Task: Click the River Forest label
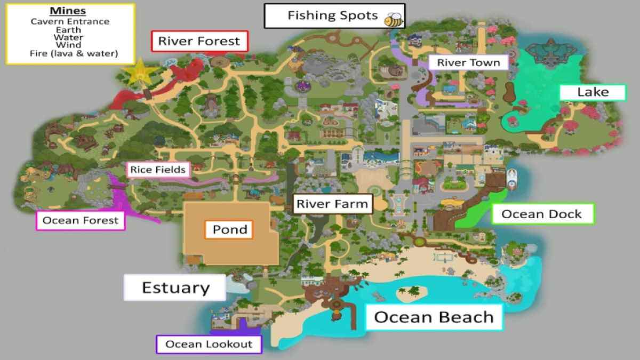coord(199,41)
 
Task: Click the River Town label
coord(468,62)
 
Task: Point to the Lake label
coord(593,92)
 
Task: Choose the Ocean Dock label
coord(541,214)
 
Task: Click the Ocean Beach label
coord(434,317)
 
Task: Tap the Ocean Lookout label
coord(209,344)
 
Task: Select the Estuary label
coord(175,288)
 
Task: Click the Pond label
coord(229,230)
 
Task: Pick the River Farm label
coord(332,204)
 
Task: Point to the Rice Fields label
coord(158,170)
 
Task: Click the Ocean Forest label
coord(80,220)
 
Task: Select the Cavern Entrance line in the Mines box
coord(70,22)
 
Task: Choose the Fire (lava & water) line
coord(70,53)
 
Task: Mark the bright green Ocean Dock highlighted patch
coord(472,214)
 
